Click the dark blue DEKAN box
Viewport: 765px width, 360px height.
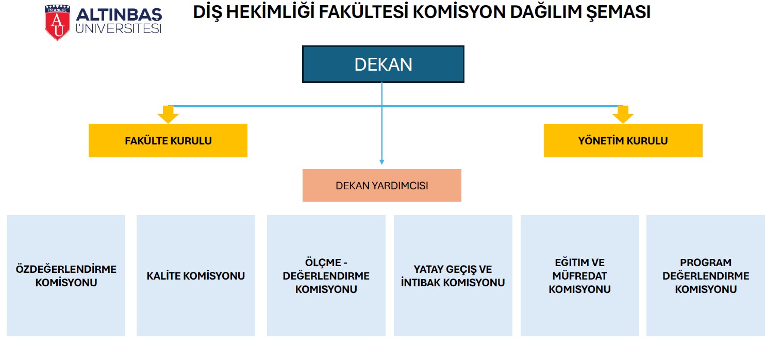[x=383, y=64]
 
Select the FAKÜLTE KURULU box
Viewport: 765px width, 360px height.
[x=168, y=140]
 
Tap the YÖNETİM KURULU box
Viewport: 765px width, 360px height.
[x=623, y=140]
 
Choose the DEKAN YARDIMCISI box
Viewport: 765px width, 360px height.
[x=382, y=186]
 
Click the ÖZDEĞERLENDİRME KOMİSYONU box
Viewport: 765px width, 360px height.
[x=66, y=275]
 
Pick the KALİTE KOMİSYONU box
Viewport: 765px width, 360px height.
[x=196, y=275]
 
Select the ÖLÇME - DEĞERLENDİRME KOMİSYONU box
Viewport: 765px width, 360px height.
[x=326, y=275]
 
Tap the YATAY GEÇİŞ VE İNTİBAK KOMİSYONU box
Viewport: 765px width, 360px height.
[x=453, y=275]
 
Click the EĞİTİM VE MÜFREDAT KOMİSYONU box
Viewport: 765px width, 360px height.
[x=580, y=275]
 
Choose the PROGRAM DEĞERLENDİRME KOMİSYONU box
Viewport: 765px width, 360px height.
[x=706, y=275]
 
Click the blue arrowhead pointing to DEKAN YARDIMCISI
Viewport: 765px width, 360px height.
[x=382, y=162]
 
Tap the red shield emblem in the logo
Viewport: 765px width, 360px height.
[x=57, y=23]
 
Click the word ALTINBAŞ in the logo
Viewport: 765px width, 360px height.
[x=119, y=15]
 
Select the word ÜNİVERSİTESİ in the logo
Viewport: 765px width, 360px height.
[x=119, y=28]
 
